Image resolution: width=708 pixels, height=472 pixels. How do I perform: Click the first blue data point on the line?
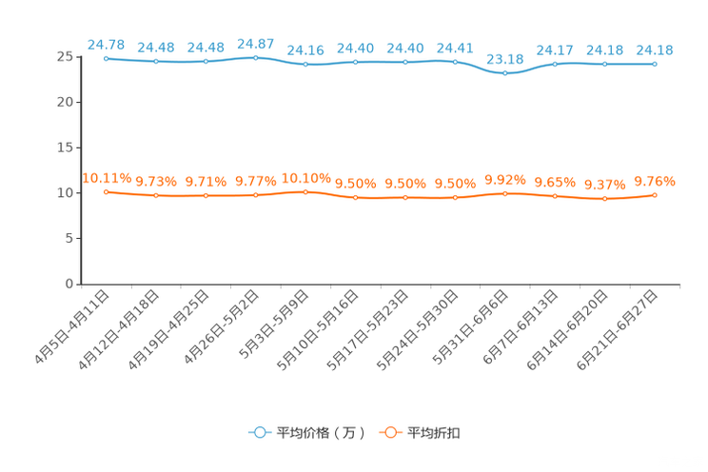click(106, 58)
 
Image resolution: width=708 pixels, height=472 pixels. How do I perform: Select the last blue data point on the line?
click(655, 64)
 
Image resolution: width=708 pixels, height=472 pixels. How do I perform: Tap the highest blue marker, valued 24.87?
click(255, 57)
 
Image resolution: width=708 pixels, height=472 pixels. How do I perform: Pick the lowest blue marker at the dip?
click(504, 73)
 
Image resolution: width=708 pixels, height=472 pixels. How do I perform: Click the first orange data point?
click(106, 191)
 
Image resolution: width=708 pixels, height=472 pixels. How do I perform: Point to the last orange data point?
click(655, 194)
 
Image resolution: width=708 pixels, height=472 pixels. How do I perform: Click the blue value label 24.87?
click(255, 43)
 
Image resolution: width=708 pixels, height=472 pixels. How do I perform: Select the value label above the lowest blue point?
click(504, 59)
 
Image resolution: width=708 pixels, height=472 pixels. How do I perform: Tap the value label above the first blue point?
click(106, 44)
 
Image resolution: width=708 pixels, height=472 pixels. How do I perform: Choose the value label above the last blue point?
click(655, 49)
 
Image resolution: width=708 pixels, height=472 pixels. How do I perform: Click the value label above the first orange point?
click(106, 177)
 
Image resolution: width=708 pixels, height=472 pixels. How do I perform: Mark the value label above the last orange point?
click(655, 180)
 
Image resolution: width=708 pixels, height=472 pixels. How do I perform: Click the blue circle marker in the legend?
click(259, 432)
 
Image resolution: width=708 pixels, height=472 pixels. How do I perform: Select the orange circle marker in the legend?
click(389, 432)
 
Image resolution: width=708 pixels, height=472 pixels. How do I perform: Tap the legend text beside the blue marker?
click(320, 433)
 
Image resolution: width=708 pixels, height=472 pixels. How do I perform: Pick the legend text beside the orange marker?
click(434, 433)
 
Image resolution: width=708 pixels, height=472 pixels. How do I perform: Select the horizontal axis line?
click(381, 284)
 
